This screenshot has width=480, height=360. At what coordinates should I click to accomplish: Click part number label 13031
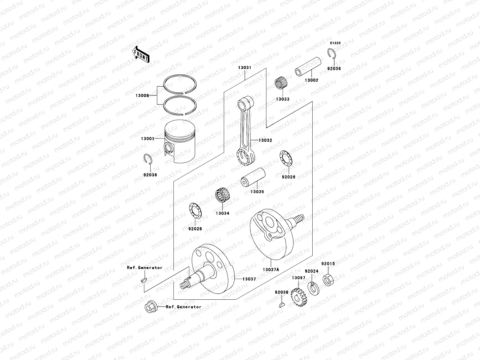pyautogui.click(x=244, y=68)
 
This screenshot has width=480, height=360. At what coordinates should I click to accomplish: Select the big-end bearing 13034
pyautogui.click(x=222, y=197)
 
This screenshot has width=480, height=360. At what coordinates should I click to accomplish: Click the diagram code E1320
pyautogui.click(x=335, y=43)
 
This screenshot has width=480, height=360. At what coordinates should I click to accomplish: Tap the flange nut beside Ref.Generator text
pyautogui.click(x=150, y=307)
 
